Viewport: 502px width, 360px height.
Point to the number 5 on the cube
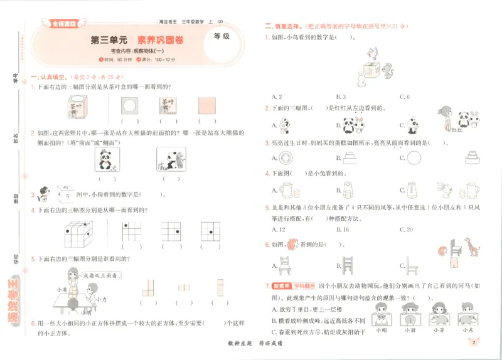click(68, 195)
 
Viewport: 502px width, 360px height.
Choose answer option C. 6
click(405, 97)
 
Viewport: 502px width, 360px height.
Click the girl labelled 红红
click(446, 119)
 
